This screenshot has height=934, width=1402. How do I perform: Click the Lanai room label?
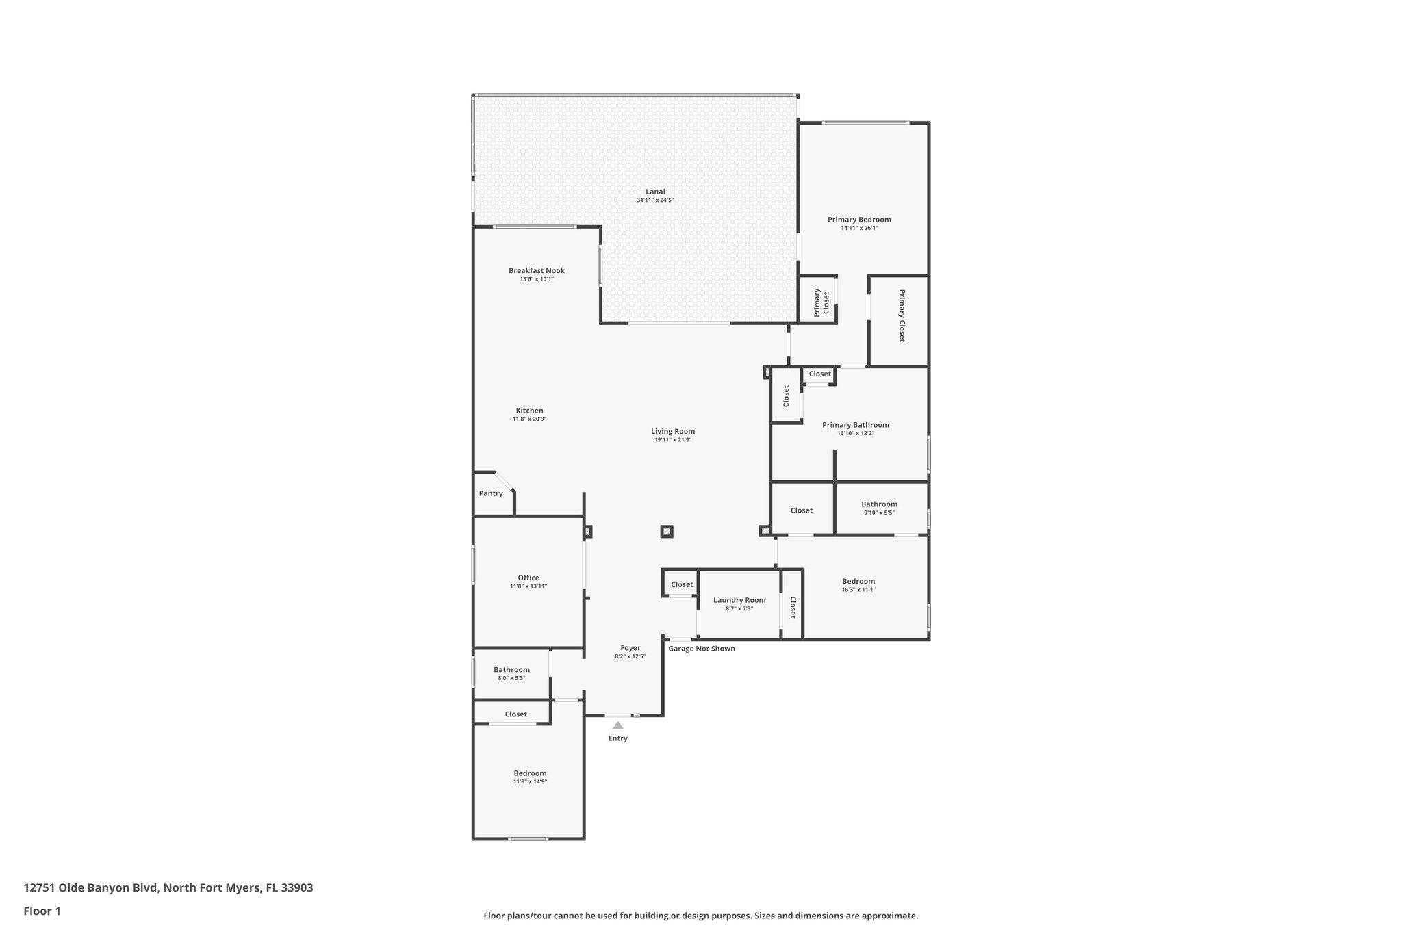click(x=655, y=192)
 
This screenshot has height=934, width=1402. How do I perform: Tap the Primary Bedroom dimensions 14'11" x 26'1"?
click(x=859, y=229)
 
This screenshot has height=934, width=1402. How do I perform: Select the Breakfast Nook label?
click(x=536, y=270)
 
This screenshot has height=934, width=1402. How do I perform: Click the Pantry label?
click(x=491, y=493)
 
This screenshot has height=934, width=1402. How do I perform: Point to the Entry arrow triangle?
click(x=617, y=725)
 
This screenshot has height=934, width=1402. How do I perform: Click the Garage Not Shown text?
click(x=702, y=649)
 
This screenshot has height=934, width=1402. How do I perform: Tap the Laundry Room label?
click(x=739, y=600)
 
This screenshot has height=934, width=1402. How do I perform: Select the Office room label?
click(x=528, y=578)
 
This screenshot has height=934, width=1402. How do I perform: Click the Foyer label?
click(x=630, y=647)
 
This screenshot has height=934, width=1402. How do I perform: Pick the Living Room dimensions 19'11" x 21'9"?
click(x=673, y=440)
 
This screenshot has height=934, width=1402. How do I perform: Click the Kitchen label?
click(x=529, y=411)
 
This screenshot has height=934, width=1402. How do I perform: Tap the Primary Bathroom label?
click(x=855, y=425)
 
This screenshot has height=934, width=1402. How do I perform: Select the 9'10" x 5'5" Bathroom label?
click(x=879, y=504)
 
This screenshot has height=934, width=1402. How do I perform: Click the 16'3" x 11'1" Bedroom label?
click(x=858, y=581)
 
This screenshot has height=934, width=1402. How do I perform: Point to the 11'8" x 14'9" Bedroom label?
click(x=530, y=773)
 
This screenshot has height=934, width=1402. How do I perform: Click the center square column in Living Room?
click(x=667, y=531)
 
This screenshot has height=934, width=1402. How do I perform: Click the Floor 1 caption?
click(x=42, y=911)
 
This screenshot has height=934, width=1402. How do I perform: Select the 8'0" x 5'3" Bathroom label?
click(x=511, y=670)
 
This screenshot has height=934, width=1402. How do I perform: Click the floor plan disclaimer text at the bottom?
click(x=700, y=916)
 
